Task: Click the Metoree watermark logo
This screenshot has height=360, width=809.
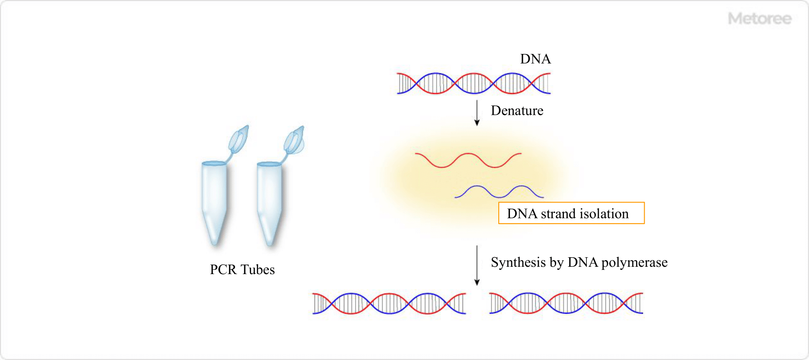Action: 759,19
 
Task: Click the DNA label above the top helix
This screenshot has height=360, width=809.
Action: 535,59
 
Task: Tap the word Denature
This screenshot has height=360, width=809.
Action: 517,111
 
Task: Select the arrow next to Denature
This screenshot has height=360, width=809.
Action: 477,113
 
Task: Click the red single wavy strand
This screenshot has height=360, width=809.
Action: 468,160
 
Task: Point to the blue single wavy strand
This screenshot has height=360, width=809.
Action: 499,192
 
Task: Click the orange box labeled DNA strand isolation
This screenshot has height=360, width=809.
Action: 571,213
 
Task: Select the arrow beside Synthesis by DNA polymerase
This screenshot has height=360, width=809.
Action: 477,265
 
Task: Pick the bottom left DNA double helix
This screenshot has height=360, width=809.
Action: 389,303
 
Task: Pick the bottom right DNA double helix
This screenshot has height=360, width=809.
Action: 566,303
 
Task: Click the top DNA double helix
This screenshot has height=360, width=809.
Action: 474,83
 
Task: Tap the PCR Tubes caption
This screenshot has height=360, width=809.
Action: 242,269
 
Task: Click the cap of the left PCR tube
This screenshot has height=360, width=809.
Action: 239,139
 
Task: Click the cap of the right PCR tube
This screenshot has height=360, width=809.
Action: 294,140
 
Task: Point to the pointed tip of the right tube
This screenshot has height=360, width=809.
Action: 270,243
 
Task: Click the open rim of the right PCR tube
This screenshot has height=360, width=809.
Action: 269,164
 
